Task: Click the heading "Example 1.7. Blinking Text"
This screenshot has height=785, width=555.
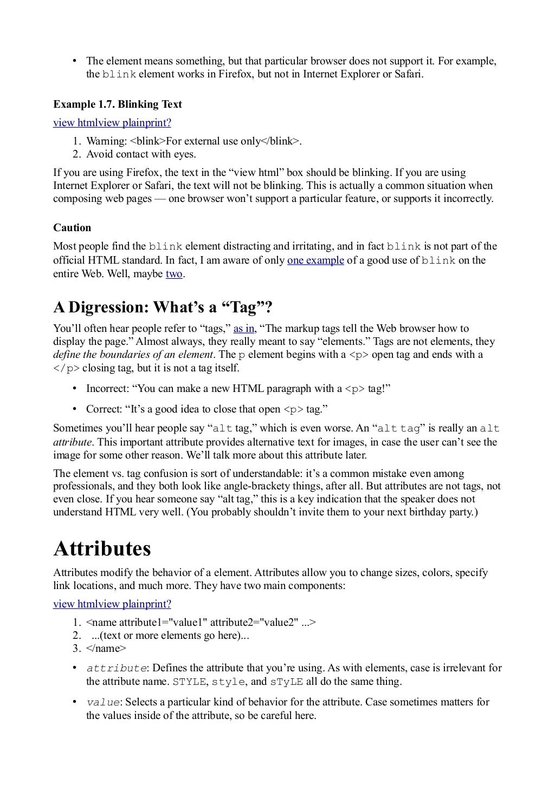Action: coord(117,104)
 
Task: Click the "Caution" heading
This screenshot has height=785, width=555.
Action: coord(72,227)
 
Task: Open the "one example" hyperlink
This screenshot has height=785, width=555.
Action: coord(315,260)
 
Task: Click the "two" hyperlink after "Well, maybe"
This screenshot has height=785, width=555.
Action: coord(174,274)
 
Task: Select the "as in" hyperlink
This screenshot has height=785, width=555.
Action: coord(244,329)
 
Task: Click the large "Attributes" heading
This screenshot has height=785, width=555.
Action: coord(102,548)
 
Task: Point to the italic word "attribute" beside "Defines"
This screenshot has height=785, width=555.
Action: coord(116,668)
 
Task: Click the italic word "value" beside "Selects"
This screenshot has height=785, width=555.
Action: coord(103,702)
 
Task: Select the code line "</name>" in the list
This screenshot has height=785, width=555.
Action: coord(106,648)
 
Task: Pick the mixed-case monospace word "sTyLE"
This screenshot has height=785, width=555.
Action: coord(287,682)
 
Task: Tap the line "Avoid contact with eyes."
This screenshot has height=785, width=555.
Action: coord(141,154)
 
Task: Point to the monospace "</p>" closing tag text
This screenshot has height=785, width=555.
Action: coord(66,368)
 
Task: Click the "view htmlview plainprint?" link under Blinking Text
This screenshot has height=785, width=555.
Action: coord(112,123)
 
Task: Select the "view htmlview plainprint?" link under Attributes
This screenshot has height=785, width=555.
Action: coord(112,604)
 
